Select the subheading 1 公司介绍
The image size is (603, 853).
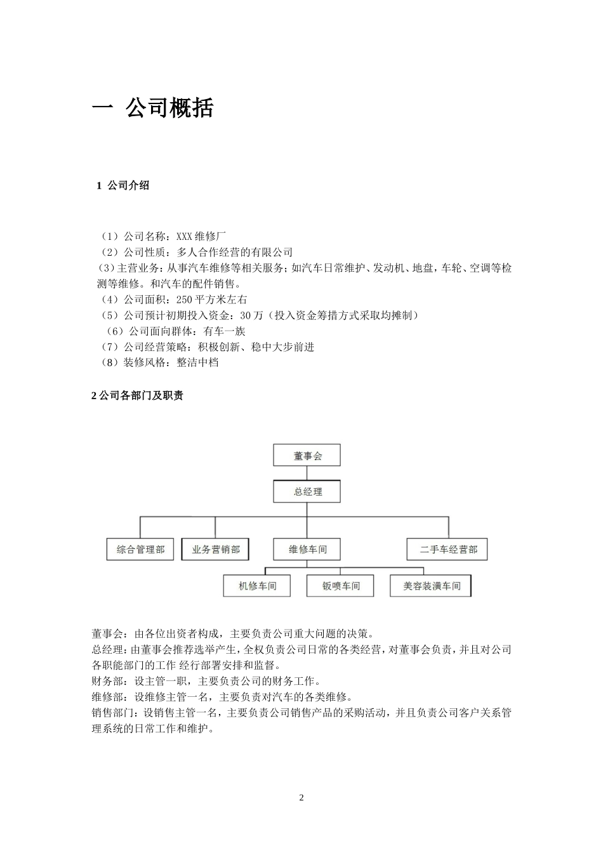pyautogui.click(x=123, y=185)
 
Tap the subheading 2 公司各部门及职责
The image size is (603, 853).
pyautogui.click(x=138, y=396)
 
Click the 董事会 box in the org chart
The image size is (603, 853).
pyautogui.click(x=307, y=456)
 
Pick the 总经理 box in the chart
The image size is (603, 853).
pyautogui.click(x=307, y=492)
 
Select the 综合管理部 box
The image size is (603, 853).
pyautogui.click(x=140, y=550)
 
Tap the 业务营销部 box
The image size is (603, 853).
pyautogui.click(x=215, y=550)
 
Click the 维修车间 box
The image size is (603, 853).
pyautogui.click(x=307, y=550)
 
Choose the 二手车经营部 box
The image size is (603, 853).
pyautogui.click(x=448, y=550)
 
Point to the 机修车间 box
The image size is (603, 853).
pyautogui.click(x=257, y=586)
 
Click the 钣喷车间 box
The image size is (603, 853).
pyautogui.click(x=340, y=586)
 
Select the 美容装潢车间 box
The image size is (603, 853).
pyautogui.click(x=432, y=586)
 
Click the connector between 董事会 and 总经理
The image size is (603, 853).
pyautogui.click(x=307, y=473)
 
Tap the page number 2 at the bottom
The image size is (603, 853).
pyautogui.click(x=301, y=798)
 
